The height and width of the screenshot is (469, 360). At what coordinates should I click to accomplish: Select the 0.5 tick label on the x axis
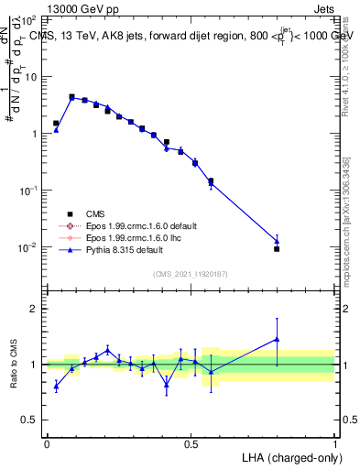pyautogui.click(x=191, y=443)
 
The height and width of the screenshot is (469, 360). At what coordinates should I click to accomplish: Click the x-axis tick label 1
pyautogui.click(x=335, y=443)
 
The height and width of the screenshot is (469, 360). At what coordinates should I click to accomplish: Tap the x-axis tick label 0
pyautogui.click(x=47, y=443)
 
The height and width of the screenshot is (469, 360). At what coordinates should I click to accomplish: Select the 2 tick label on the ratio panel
pyautogui.click(x=34, y=309)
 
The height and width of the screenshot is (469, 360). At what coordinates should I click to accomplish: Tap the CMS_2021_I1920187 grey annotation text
pyautogui.click(x=191, y=274)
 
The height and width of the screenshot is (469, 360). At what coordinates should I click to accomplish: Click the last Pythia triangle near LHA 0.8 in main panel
pyautogui.click(x=277, y=241)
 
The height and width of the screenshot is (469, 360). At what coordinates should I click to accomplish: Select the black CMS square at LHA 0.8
pyautogui.click(x=277, y=248)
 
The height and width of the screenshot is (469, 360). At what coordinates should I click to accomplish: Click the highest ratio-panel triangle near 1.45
pyautogui.click(x=277, y=339)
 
